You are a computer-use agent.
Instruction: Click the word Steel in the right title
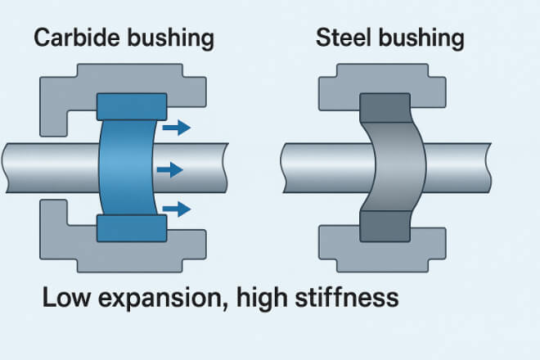pyautogui.click(x=338, y=38)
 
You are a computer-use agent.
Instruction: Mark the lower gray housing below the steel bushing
pyautogui.click(x=385, y=254)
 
